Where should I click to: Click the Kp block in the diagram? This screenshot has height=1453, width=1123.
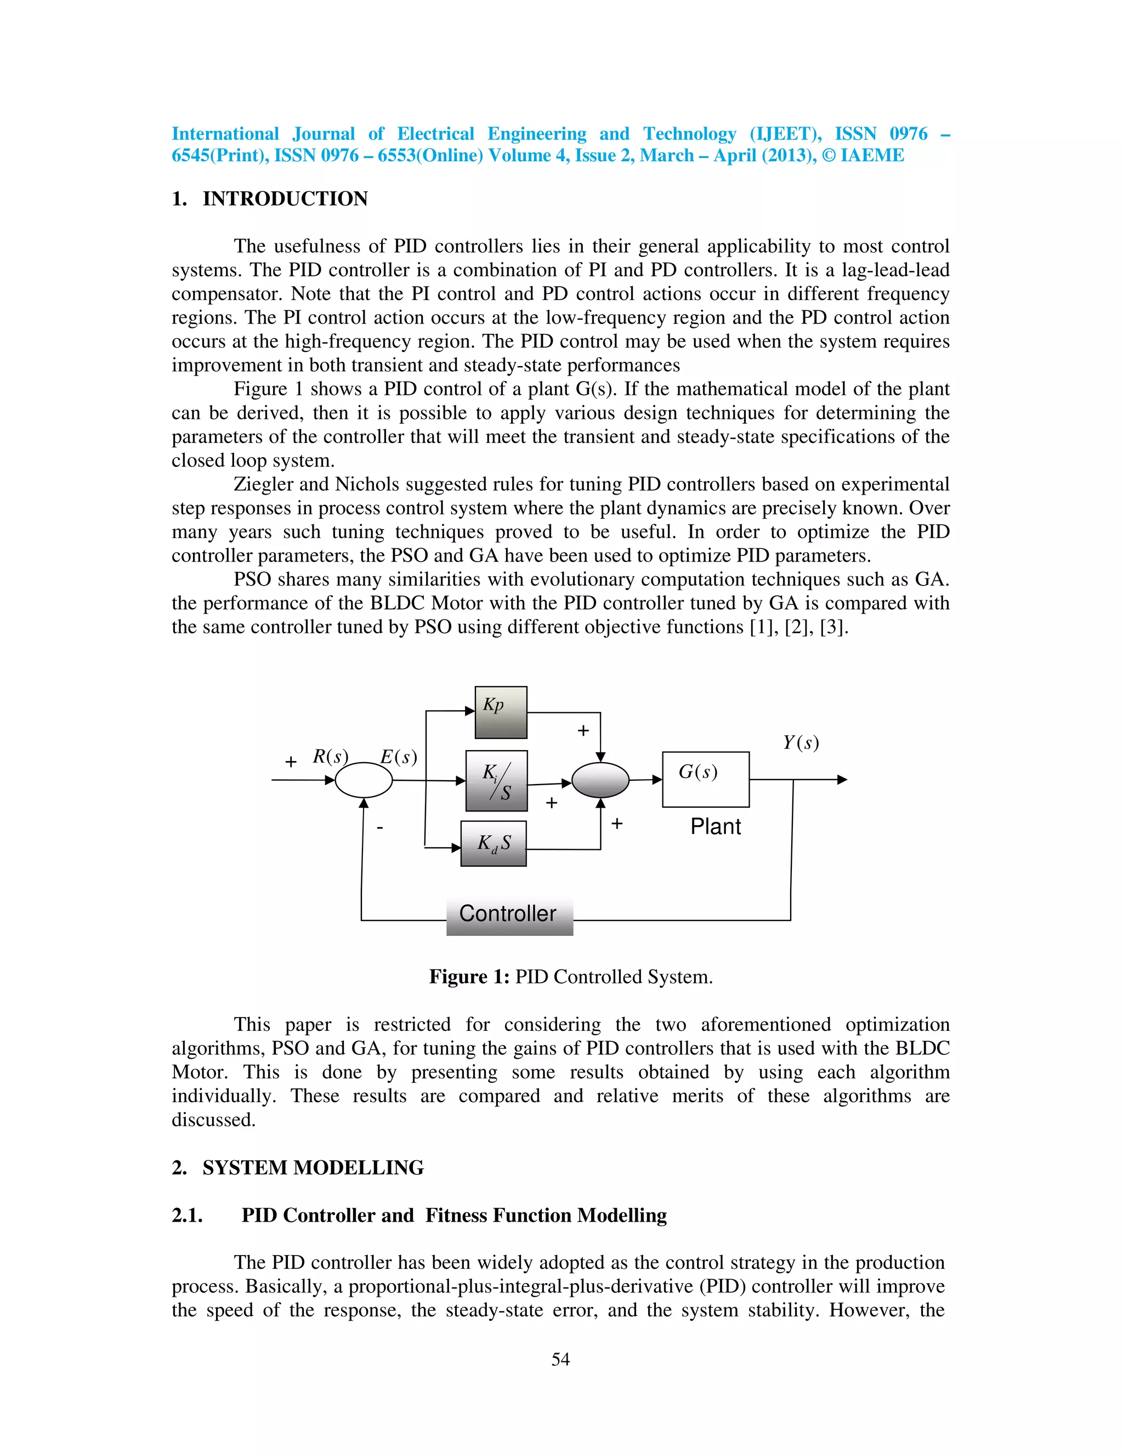click(500, 712)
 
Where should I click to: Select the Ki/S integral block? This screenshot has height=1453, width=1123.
click(496, 780)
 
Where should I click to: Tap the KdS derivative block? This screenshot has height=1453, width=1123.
click(493, 843)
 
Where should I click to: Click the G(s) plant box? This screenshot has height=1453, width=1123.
click(705, 779)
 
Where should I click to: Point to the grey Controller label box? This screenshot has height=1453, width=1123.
click(509, 914)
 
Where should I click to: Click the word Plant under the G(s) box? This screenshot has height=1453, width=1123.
click(715, 826)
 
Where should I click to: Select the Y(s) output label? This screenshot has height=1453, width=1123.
click(801, 742)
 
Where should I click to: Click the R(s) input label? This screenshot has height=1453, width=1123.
click(330, 757)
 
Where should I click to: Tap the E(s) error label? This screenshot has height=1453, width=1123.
click(399, 757)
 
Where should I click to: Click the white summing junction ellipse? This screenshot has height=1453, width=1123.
click(363, 780)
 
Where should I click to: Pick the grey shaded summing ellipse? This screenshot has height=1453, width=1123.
click(600, 780)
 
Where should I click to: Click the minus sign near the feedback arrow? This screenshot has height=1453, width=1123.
click(380, 827)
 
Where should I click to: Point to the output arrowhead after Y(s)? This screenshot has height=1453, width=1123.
click(842, 779)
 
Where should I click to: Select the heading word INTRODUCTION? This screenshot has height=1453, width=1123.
click(285, 198)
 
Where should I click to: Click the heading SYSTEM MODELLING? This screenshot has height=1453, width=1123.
click(313, 1167)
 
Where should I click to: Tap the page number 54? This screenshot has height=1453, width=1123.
click(560, 1359)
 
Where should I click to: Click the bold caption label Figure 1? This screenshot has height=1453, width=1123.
click(469, 977)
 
